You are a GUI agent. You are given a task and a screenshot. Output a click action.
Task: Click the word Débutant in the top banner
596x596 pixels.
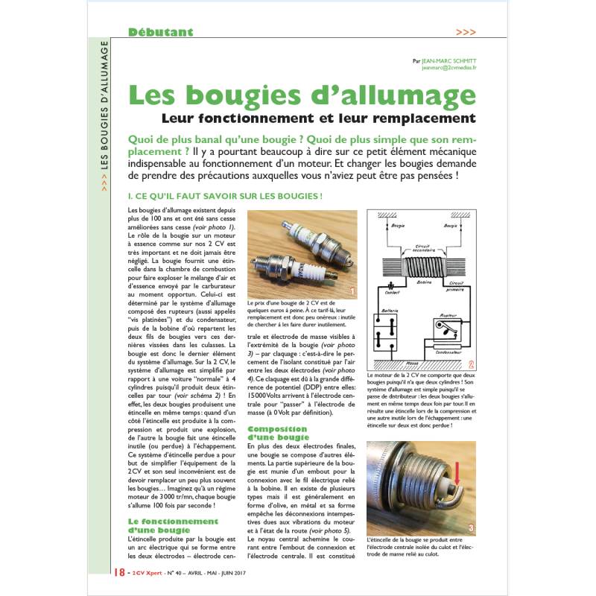(x=160, y=32)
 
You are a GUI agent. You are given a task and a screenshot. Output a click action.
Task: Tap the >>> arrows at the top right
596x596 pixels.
(x=466, y=32)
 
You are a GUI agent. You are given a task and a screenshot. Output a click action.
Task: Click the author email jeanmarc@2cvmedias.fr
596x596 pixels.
(x=448, y=67)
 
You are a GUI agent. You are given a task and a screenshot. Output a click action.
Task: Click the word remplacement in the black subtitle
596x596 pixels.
(x=426, y=118)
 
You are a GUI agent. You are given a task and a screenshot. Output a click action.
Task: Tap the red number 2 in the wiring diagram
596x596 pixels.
(x=471, y=364)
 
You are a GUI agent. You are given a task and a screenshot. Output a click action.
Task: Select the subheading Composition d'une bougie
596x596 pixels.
(x=278, y=433)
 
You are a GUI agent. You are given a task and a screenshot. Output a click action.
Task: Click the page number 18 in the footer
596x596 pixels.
(x=119, y=572)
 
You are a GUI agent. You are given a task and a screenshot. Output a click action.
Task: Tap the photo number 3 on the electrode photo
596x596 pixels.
(x=471, y=529)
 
